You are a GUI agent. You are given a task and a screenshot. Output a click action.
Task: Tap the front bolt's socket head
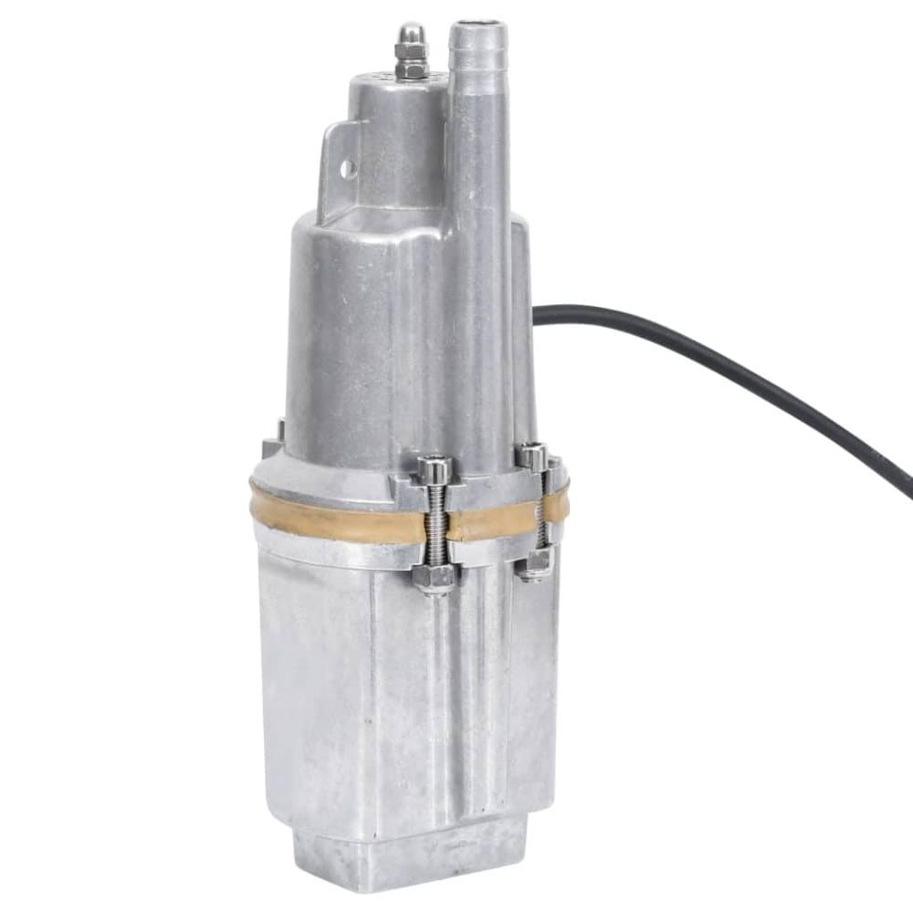point(434,468)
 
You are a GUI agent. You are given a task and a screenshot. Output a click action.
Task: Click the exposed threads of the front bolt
point(436,525)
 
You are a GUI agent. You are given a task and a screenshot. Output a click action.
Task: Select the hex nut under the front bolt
point(436,576)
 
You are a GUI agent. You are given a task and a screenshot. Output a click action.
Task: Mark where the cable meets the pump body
point(537,315)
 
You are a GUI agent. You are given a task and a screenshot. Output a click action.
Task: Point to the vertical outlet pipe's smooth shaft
point(479,228)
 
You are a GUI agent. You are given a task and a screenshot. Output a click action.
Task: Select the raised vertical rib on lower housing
point(456,712)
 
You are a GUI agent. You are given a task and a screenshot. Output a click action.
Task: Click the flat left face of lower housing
point(310,694)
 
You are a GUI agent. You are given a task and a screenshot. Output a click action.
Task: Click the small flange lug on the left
point(271,447)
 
